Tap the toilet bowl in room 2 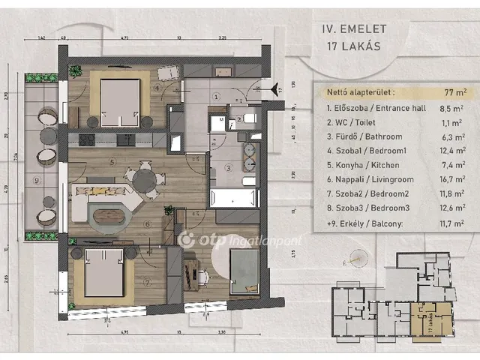248,120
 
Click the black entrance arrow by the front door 274,88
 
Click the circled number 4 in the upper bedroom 157,88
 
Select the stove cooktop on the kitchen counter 84,140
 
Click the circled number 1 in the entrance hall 215,96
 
